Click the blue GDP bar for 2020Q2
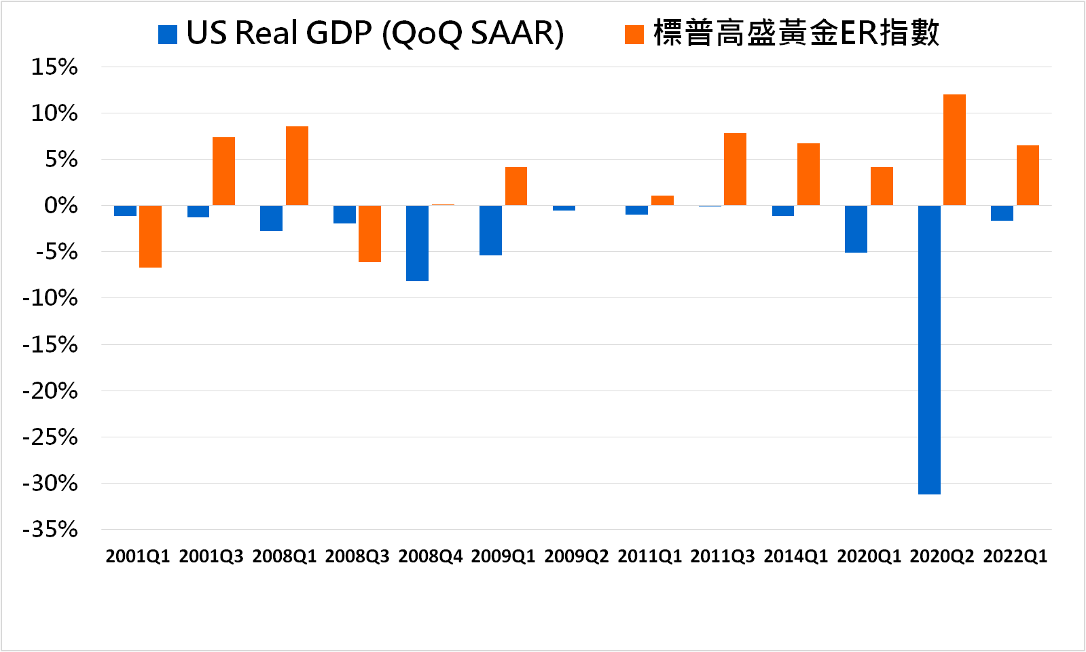[x=929, y=350]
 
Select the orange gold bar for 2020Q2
[x=954, y=150]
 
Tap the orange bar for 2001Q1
[x=150, y=236]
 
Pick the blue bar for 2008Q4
[x=417, y=243]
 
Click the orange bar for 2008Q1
[x=297, y=166]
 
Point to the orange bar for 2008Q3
[x=369, y=234]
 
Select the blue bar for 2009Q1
[x=490, y=230]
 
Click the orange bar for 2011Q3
[x=735, y=169]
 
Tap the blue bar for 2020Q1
[x=856, y=229]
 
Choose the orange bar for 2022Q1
[x=1028, y=175]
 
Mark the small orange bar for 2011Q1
[x=662, y=200]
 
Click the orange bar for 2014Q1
[x=808, y=175]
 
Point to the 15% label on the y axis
[x=54, y=67]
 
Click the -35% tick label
[x=50, y=529]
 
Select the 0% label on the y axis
[x=60, y=206]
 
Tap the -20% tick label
[x=50, y=391]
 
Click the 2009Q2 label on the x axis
[x=576, y=556]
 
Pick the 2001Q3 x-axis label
[x=211, y=556]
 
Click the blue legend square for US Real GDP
[x=168, y=35]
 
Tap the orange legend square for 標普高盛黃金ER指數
[x=634, y=35]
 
